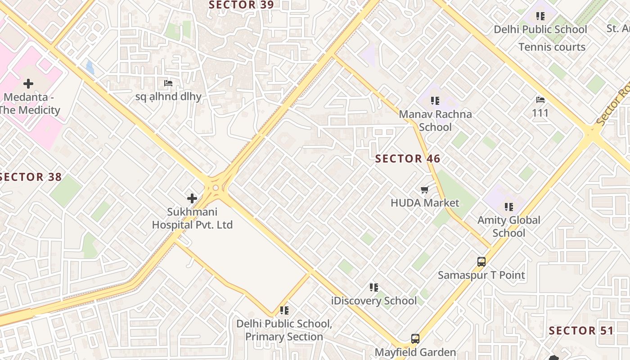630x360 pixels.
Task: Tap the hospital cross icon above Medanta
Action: click(x=28, y=84)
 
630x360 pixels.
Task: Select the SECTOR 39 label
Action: click(x=241, y=5)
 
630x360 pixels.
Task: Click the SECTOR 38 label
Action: click(x=31, y=177)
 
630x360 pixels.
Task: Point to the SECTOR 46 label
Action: click(x=408, y=159)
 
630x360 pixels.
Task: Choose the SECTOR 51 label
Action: click(x=581, y=331)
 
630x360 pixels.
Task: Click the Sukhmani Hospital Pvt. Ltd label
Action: click(x=192, y=218)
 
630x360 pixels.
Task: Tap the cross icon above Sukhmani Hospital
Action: click(x=192, y=198)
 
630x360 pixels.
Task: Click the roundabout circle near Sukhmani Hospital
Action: click(x=216, y=188)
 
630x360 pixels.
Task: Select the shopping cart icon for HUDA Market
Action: click(x=424, y=190)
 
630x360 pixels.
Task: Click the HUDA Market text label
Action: click(x=425, y=203)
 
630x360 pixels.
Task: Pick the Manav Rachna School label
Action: click(x=435, y=121)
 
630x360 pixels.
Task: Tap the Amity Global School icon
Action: click(x=509, y=207)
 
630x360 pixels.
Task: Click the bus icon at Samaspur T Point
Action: click(x=481, y=261)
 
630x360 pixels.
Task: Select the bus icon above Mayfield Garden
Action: click(x=415, y=339)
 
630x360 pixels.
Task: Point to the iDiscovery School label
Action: click(x=373, y=301)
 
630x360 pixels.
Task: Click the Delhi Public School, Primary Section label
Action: click(x=284, y=330)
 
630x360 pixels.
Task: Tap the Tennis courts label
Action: click(x=552, y=47)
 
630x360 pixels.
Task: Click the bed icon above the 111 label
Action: click(x=540, y=99)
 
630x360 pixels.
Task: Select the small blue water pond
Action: click(x=90, y=67)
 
